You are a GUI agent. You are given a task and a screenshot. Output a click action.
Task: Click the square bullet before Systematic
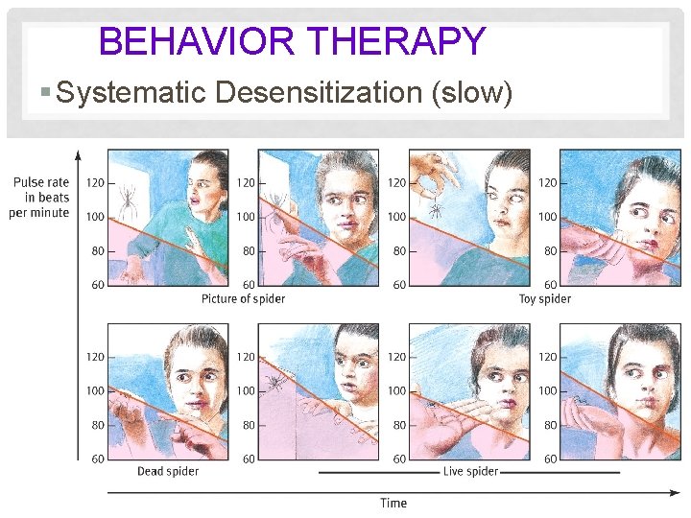pyautogui.click(x=46, y=94)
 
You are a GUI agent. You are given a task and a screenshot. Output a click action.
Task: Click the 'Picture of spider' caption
pyautogui.click(x=243, y=298)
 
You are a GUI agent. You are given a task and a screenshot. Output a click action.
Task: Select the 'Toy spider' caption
pyautogui.click(x=544, y=298)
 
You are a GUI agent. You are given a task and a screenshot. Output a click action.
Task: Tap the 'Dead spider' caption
pyautogui.click(x=168, y=471)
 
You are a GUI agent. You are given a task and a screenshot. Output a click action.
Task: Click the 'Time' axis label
pyautogui.click(x=393, y=504)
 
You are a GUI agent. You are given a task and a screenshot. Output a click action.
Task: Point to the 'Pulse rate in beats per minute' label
pyautogui.click(x=41, y=197)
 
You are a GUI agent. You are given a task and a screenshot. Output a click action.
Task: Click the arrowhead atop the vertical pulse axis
pyautogui.click(x=79, y=153)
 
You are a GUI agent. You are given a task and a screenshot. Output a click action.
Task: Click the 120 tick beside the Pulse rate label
pyautogui.click(x=95, y=182)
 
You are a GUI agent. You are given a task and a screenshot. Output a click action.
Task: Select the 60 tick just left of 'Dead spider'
pyautogui.click(x=98, y=459)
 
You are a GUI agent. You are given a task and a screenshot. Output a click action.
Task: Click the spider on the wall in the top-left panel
pyautogui.click(x=126, y=201)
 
